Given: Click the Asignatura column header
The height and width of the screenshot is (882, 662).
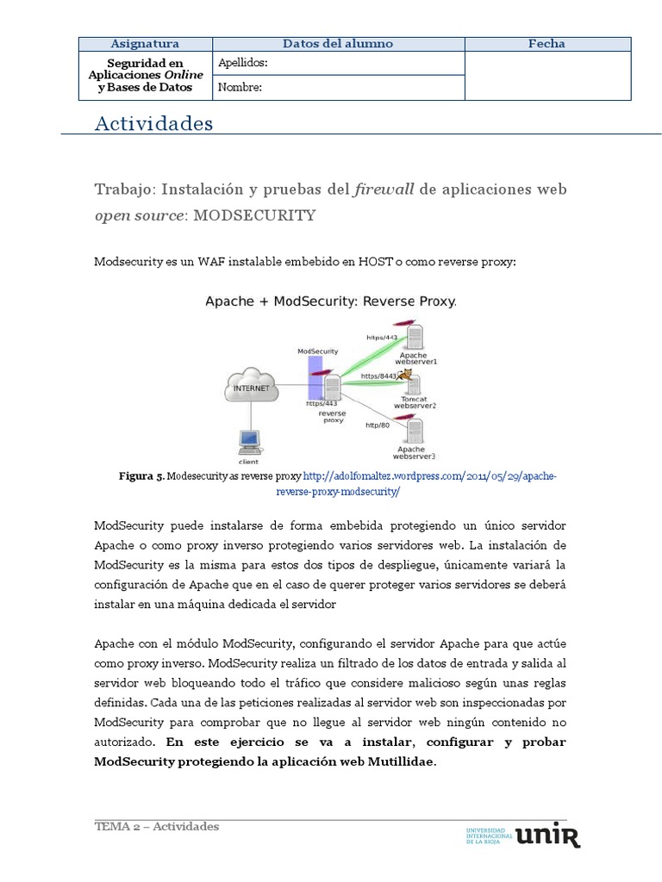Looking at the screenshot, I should (x=145, y=44).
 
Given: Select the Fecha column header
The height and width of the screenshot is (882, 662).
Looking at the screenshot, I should (x=546, y=44).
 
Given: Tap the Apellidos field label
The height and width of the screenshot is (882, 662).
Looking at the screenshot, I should (x=243, y=63).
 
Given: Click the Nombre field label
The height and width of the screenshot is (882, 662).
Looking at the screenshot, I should (x=240, y=87).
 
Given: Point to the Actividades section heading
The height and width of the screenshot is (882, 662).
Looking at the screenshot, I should (x=153, y=124).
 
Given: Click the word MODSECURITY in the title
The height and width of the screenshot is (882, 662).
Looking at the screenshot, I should (x=254, y=215).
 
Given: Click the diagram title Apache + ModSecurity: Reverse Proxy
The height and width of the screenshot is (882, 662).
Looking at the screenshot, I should (x=330, y=302).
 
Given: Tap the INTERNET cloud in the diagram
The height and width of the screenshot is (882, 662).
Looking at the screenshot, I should (x=251, y=388).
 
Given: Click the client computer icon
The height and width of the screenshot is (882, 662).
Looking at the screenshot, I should (x=249, y=442).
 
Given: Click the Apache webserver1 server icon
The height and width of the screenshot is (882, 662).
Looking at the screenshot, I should (x=415, y=336).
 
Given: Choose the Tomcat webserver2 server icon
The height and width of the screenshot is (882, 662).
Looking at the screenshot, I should (x=415, y=385).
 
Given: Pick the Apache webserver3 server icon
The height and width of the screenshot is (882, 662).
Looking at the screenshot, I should (x=415, y=430).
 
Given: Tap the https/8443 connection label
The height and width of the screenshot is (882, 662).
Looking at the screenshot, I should (x=378, y=376).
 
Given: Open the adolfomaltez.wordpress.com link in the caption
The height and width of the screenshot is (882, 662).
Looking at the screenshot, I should (x=430, y=476).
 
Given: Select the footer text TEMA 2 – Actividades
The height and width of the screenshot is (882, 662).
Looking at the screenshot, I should (x=157, y=827).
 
